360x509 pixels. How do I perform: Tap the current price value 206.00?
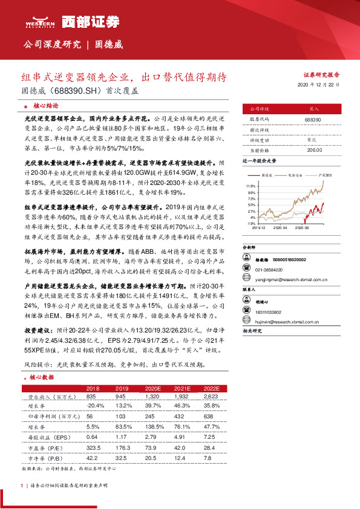[x=313, y=149]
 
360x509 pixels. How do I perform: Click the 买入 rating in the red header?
[x=313, y=109]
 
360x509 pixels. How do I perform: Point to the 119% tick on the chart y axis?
[x=251, y=185]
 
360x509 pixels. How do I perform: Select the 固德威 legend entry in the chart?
[x=271, y=174]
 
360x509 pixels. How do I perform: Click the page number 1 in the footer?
[x=22, y=485]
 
